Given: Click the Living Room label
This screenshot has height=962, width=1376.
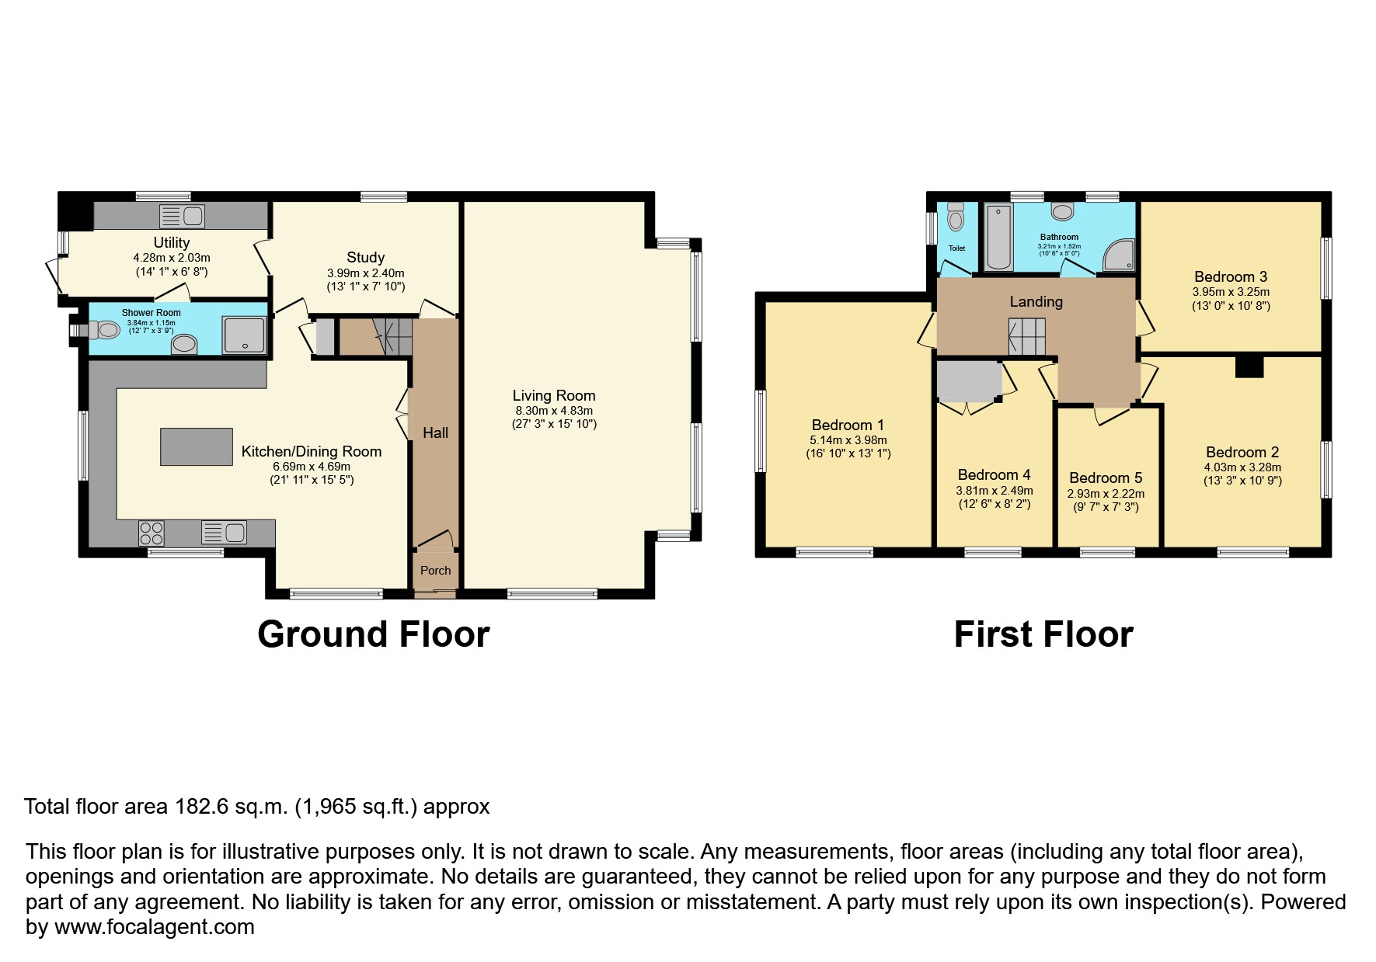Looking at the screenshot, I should click(553, 396).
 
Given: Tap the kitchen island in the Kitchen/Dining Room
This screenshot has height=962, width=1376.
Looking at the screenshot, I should click(197, 446).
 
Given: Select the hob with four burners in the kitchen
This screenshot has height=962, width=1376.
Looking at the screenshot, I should click(152, 533).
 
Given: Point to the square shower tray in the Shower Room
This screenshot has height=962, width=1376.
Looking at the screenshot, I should click(244, 335).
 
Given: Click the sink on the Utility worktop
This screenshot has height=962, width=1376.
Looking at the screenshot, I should click(182, 216).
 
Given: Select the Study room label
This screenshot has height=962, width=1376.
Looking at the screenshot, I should click(365, 257).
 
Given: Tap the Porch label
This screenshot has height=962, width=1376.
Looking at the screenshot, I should click(435, 570).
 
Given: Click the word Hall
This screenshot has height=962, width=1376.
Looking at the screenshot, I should click(435, 432).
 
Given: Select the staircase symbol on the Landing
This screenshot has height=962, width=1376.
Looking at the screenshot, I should click(1027, 338).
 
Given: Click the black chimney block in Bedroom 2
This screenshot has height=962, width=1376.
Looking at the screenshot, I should click(1249, 366).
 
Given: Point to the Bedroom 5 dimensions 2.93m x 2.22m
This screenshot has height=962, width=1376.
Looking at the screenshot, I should click(1106, 494).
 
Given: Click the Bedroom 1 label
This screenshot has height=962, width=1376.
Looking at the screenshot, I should click(848, 425).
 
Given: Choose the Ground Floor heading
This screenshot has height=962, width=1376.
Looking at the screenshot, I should click(373, 634).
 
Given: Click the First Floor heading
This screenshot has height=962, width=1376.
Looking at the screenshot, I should click(1043, 634).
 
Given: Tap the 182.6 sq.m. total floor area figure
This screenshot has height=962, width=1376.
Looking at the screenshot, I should click(230, 807).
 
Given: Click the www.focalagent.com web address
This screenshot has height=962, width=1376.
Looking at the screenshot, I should click(155, 927).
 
